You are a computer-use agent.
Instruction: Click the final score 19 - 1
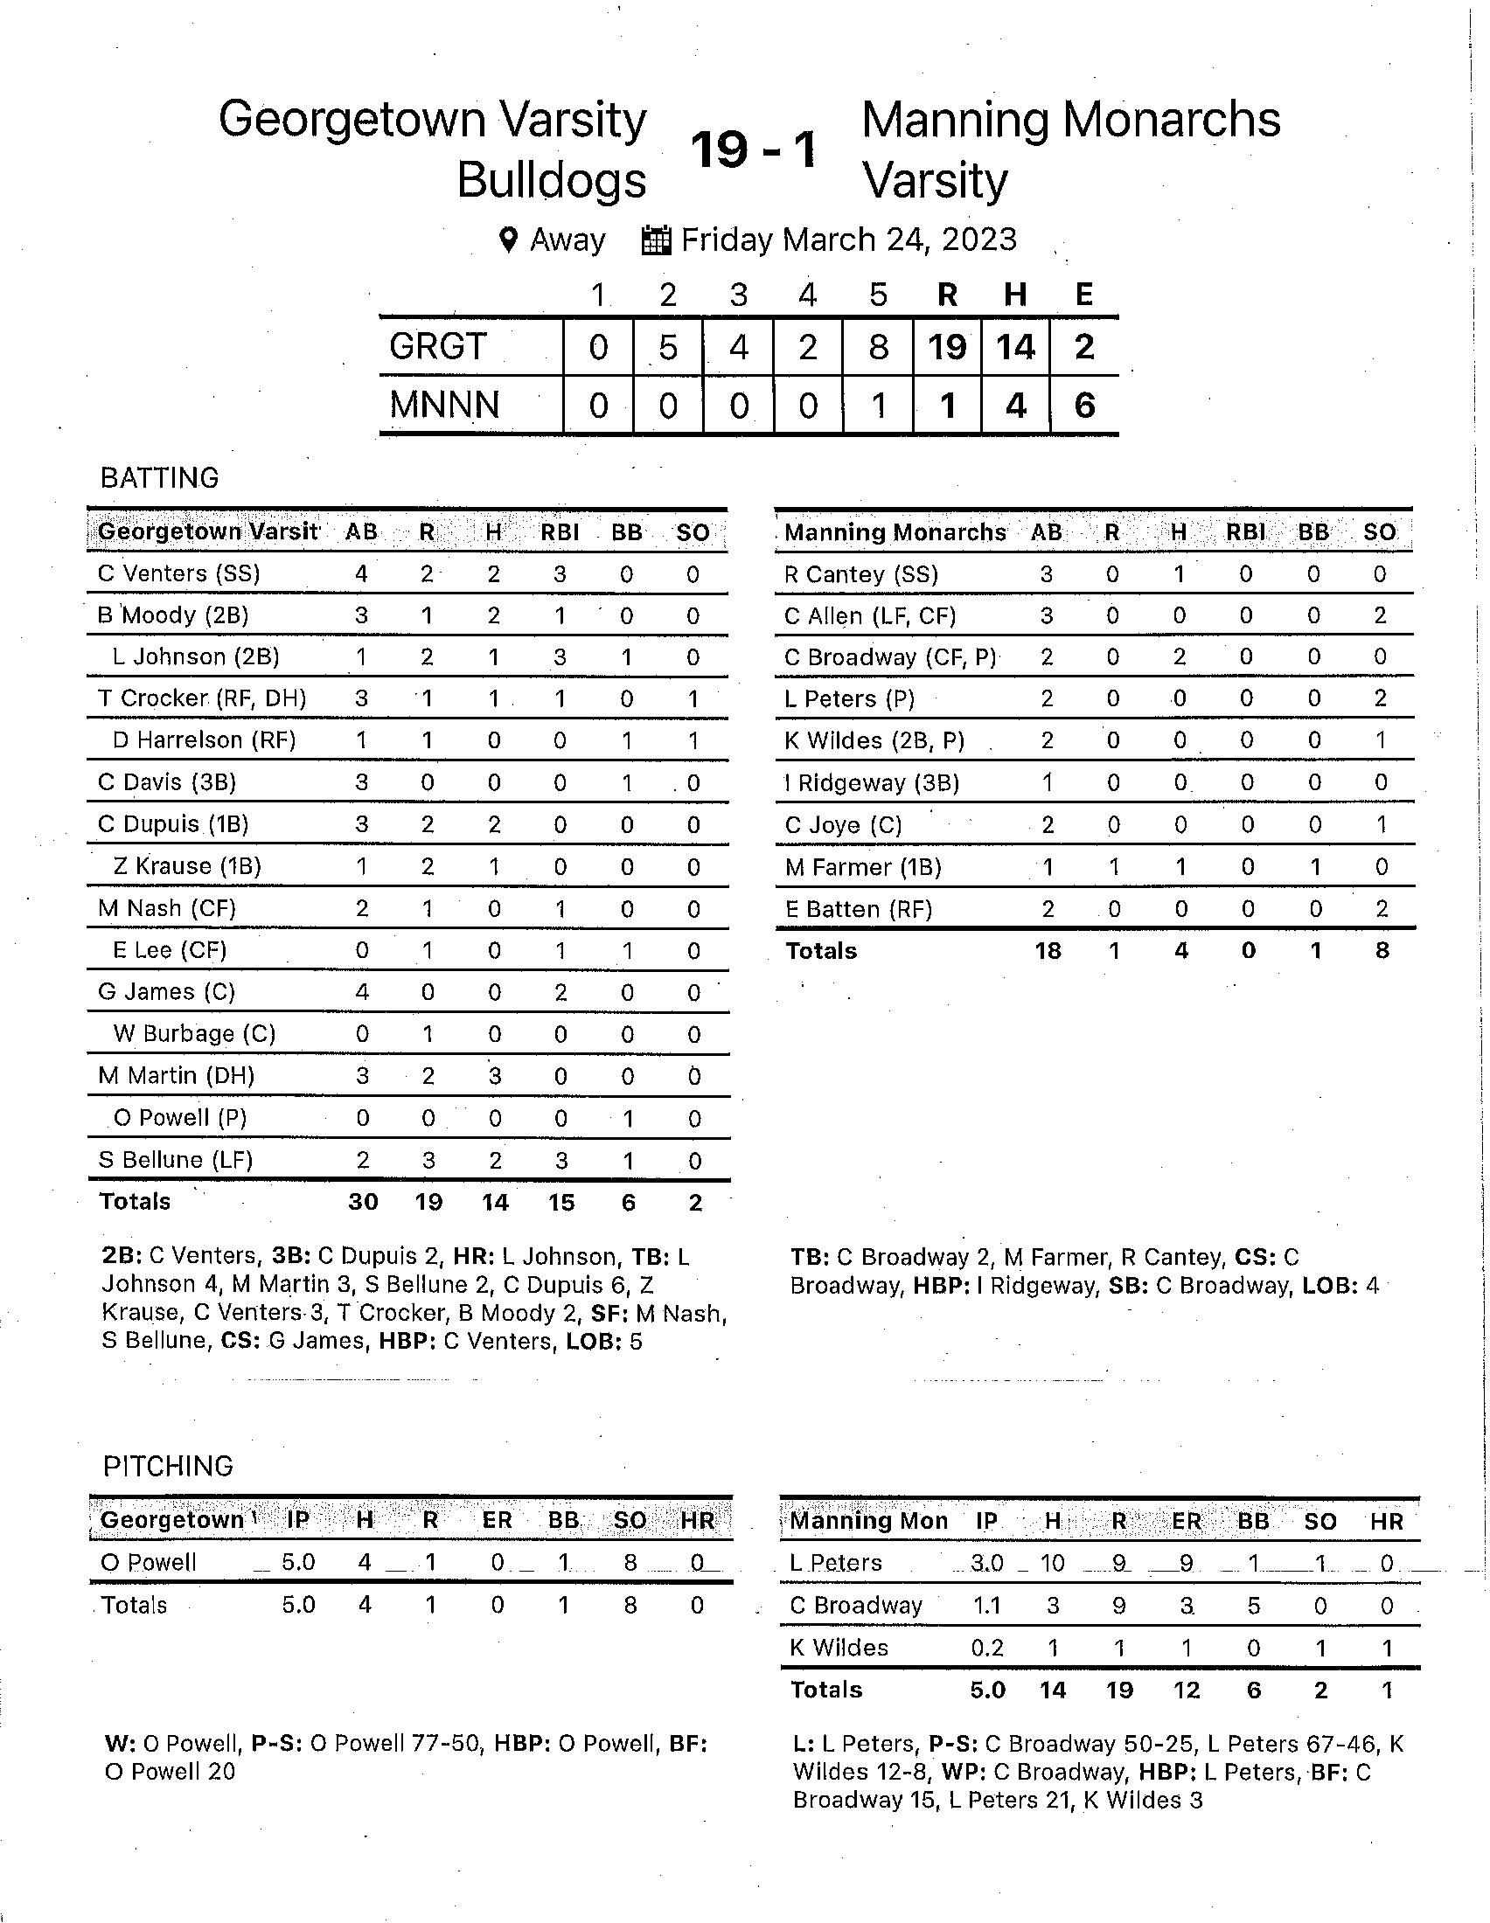coord(754,149)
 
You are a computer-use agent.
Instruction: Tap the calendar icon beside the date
coord(656,240)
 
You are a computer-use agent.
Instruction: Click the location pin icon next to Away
coord(508,240)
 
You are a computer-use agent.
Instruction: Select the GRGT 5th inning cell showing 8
coord(878,347)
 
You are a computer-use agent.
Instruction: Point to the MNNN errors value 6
coord(1084,406)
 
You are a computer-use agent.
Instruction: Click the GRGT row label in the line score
coord(438,347)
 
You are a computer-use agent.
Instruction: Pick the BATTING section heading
coord(159,478)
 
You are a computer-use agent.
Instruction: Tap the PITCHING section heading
coord(167,1466)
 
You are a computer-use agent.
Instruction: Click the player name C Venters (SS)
coord(178,573)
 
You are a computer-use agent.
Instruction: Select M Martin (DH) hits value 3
coord(495,1076)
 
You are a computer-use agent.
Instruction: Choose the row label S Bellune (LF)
coord(175,1160)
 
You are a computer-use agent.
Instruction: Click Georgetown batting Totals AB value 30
coord(363,1202)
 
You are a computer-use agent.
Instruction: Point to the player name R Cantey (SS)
coord(861,574)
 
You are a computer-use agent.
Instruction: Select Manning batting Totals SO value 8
coord(1382,951)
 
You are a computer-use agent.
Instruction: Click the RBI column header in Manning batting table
coord(1245,531)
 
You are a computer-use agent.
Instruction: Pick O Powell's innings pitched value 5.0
coord(298,1562)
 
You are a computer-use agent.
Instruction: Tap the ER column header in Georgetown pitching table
coord(497,1520)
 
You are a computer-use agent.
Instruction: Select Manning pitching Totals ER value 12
coord(1187,1690)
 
